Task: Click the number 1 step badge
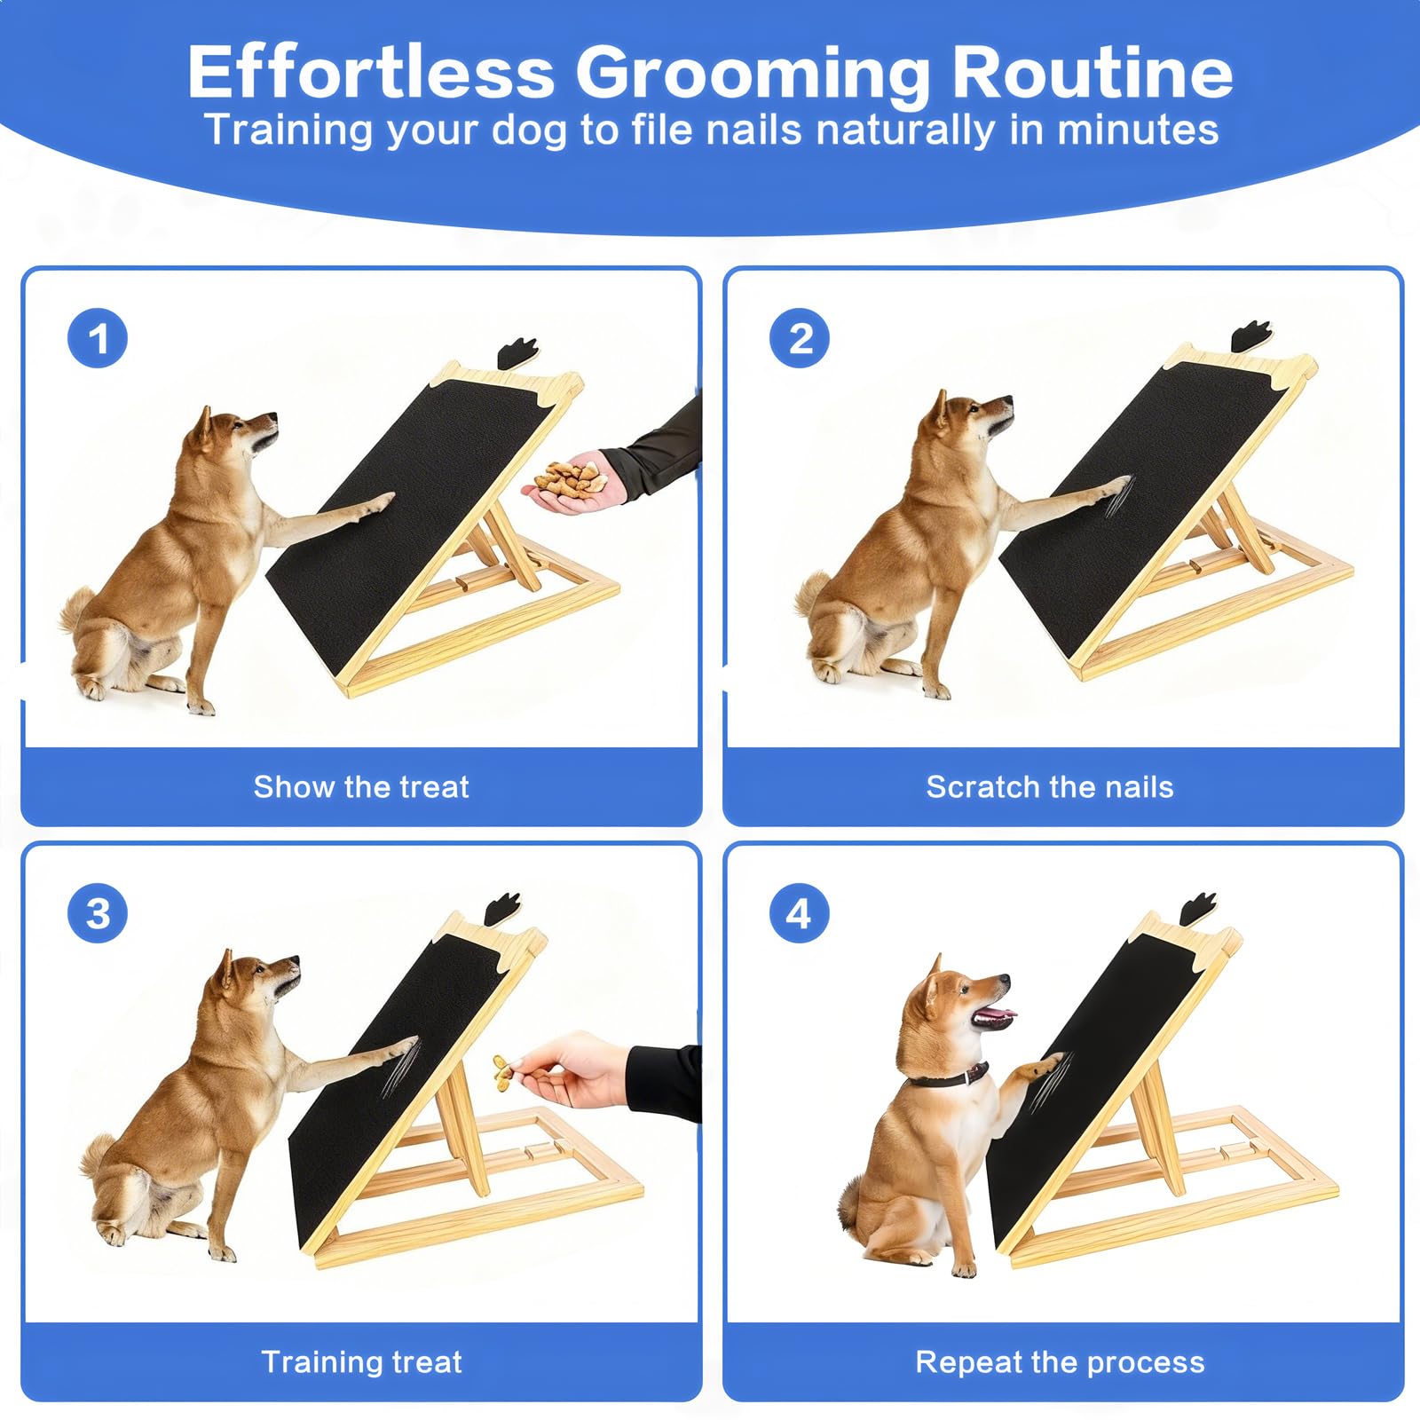click(x=98, y=338)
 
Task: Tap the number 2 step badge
click(x=800, y=338)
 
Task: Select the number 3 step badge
click(x=98, y=913)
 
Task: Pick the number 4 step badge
click(x=800, y=913)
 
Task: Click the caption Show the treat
click(x=361, y=786)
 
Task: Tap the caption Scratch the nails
click(x=1050, y=786)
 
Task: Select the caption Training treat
click(x=361, y=1361)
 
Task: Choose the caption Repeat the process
click(x=1060, y=1361)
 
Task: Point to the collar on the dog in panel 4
click(x=949, y=1077)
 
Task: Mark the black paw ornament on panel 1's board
click(x=517, y=352)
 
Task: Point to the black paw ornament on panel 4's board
click(x=1199, y=909)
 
